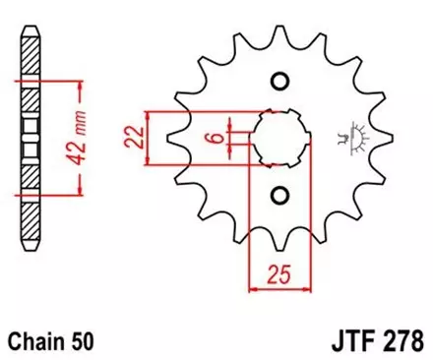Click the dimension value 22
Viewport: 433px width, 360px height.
point(133,136)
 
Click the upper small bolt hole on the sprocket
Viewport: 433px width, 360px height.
point(279,81)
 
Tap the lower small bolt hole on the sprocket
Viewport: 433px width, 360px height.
point(279,193)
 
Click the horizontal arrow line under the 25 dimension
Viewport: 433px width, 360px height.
point(279,288)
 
